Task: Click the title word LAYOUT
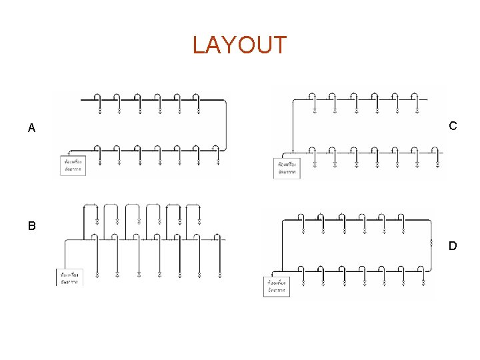click(239, 45)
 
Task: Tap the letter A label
click(31, 128)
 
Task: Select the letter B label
click(31, 226)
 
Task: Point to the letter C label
click(453, 125)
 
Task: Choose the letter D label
click(453, 246)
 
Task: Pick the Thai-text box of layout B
click(68, 277)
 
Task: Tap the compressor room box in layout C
click(287, 167)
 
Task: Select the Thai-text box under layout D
click(277, 287)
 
